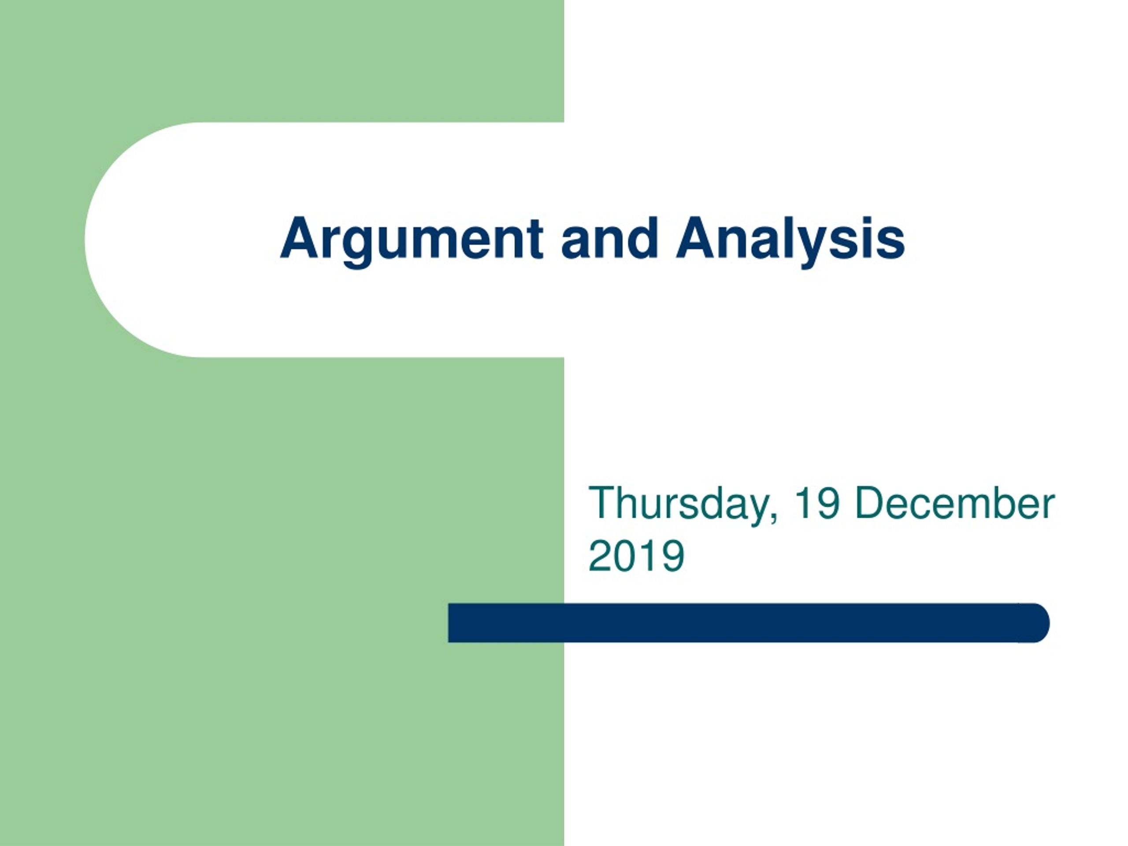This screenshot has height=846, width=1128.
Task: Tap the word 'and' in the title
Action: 609,237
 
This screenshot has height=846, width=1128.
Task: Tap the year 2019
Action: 636,556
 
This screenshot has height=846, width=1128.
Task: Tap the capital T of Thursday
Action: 602,503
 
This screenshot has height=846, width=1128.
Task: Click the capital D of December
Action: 869,503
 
